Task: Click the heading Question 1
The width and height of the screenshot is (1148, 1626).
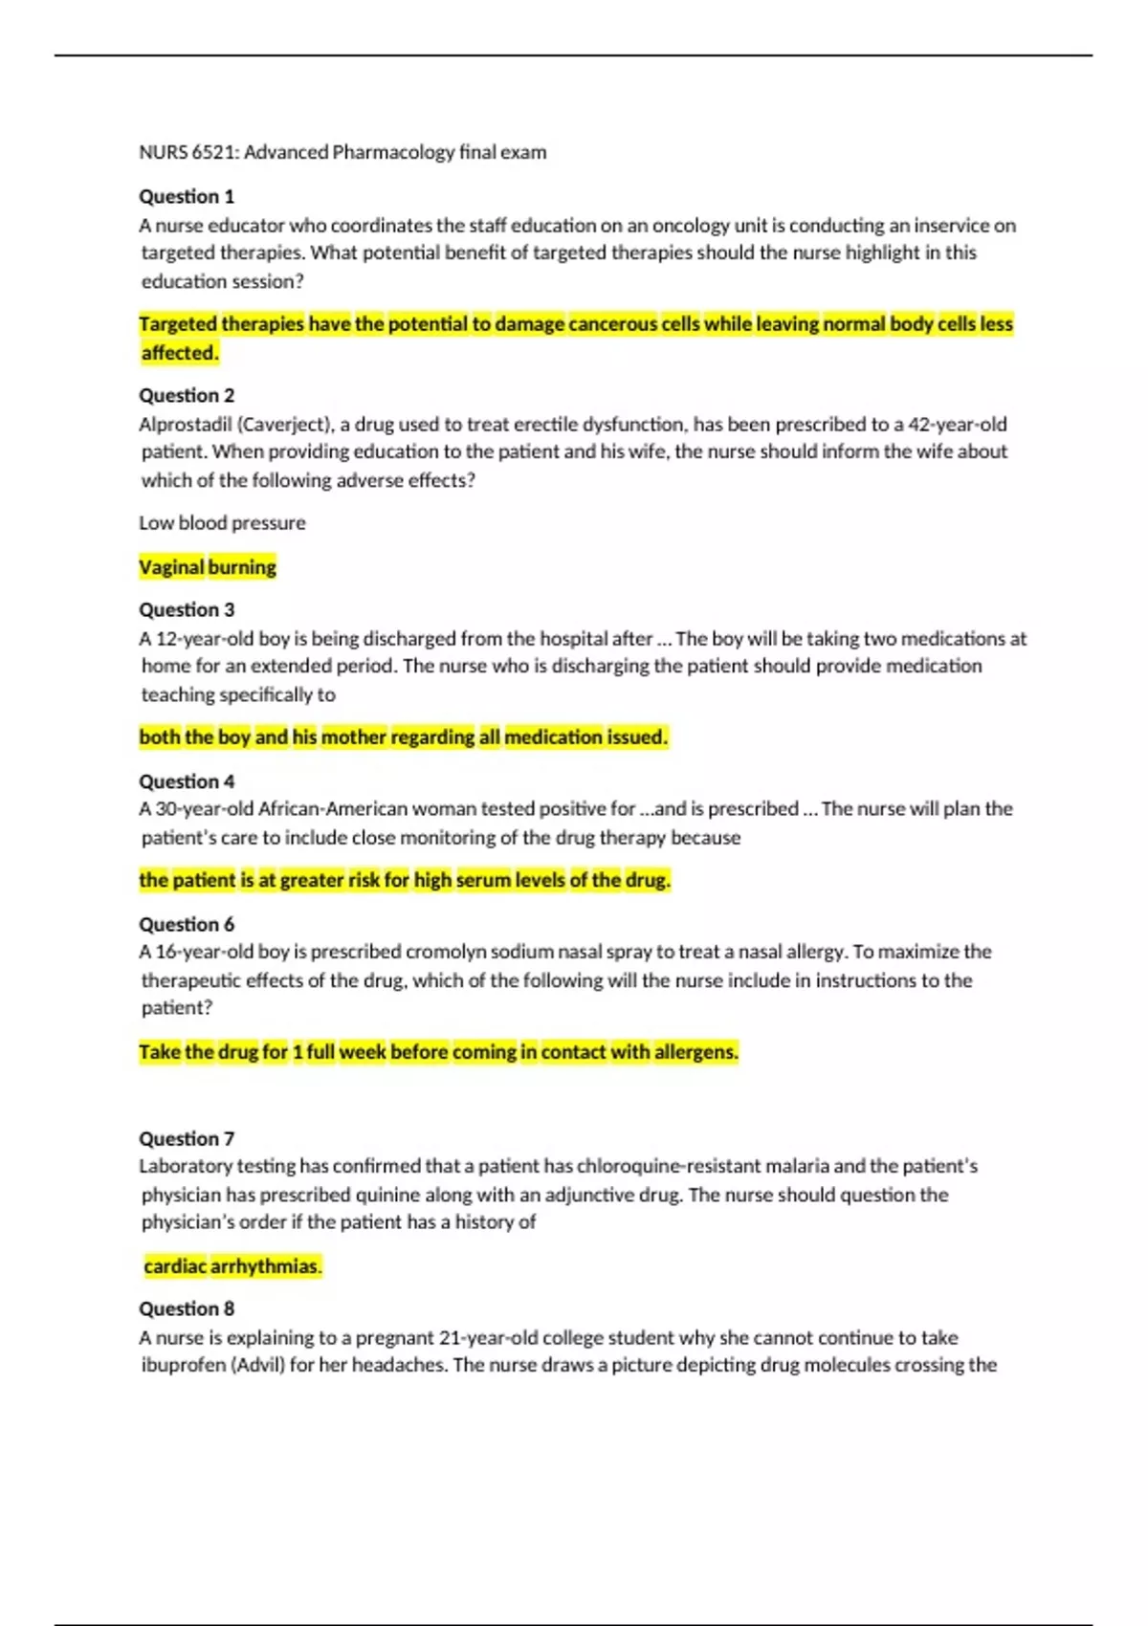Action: (187, 196)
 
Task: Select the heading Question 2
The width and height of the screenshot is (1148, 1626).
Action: (187, 395)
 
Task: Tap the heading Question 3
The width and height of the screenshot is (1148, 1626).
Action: (187, 609)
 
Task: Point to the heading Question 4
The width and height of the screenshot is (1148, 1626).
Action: (187, 781)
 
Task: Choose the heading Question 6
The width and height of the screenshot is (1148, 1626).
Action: (187, 924)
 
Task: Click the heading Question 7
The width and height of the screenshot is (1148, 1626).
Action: (187, 1138)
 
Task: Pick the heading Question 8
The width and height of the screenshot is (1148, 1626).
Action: (187, 1308)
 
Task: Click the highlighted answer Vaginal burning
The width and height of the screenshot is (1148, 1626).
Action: (208, 567)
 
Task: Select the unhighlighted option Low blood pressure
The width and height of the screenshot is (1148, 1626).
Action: (222, 523)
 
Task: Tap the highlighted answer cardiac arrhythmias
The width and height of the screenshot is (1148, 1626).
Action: (232, 1266)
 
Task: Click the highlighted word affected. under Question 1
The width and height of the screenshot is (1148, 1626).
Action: (180, 353)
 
